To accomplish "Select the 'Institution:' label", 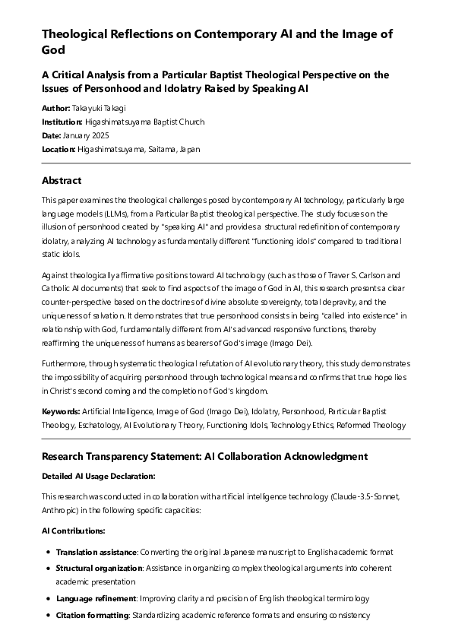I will pos(62,122).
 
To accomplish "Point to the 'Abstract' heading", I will pos(62,181).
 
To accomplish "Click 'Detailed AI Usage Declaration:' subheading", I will pos(98,476).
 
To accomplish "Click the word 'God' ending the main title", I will pos(53,51).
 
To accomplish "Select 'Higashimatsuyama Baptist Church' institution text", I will pos(144,122).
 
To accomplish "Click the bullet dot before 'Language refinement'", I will pos(49,598).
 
